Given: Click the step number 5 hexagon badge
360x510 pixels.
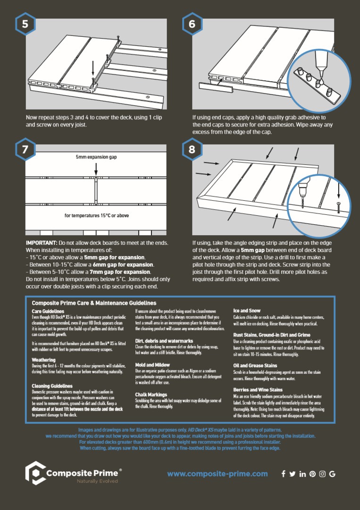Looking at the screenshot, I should tap(25, 24).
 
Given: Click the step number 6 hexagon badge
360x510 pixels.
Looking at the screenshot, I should tap(192, 24).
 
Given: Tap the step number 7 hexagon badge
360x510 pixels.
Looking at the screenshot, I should tap(25, 150).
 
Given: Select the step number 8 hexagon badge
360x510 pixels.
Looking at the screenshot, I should tap(192, 150).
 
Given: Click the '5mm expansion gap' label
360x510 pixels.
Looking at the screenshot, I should tap(96, 157).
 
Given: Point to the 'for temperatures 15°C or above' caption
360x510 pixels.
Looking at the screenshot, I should tap(97, 216).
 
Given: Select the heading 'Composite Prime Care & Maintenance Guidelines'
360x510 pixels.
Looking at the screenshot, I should tap(94, 303).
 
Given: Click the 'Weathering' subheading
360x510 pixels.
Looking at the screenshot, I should tap(43, 360).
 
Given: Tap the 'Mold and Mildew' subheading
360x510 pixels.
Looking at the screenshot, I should tap(153, 365).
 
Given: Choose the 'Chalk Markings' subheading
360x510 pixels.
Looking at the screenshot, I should tap(151, 394).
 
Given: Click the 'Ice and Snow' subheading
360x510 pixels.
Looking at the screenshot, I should tap(247, 311).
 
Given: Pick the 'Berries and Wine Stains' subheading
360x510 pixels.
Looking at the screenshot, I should tap(258, 390).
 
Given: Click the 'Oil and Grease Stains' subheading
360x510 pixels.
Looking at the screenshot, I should tap(255, 365).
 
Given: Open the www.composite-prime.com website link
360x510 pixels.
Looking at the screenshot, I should tap(218, 474).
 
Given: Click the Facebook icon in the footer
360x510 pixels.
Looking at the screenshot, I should tap(283, 474).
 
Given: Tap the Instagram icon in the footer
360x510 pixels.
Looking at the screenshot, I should tap(322, 474).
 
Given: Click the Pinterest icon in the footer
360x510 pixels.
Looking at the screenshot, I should tap(312, 474).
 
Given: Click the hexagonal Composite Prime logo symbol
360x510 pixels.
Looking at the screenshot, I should tap(34, 474).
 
